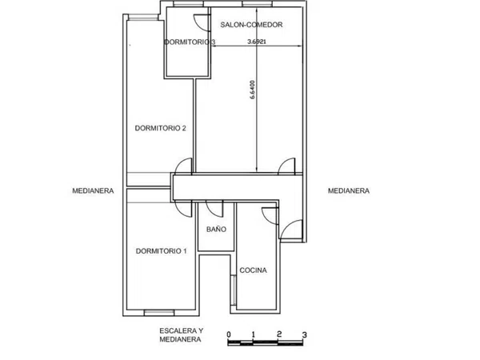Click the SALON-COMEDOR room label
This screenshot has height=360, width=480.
pyautogui.click(x=251, y=25)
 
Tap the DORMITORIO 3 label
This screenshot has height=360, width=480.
pyautogui.click(x=190, y=42)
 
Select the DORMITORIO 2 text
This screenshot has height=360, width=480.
pyautogui.click(x=161, y=128)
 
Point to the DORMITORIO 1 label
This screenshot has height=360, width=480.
pyautogui.click(x=161, y=251)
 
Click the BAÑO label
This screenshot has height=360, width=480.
pyautogui.click(x=216, y=229)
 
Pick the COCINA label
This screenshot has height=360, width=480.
pyautogui.click(x=253, y=270)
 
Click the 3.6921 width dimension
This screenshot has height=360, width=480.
pyautogui.click(x=257, y=42)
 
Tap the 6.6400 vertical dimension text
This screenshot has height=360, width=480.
pyautogui.click(x=253, y=90)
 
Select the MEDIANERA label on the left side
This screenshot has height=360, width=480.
pyautogui.click(x=93, y=190)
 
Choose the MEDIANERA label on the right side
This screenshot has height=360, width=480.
pyautogui.click(x=349, y=190)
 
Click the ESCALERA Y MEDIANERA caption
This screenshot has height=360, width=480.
pyautogui.click(x=182, y=335)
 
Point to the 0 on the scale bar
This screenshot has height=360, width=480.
pyautogui.click(x=229, y=334)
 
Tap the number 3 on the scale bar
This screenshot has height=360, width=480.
pyautogui.click(x=304, y=334)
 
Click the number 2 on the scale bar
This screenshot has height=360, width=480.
pyautogui.click(x=279, y=334)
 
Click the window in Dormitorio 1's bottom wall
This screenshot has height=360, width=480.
pyautogui.click(x=159, y=312)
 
